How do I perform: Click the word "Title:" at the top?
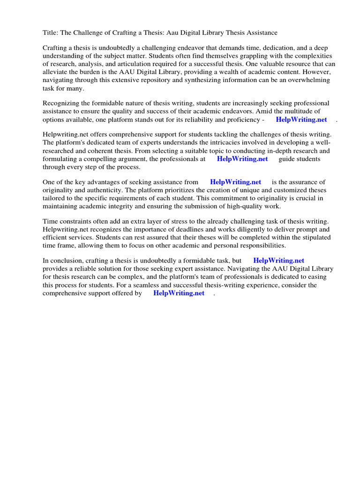(51, 33)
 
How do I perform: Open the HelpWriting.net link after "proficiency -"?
(301, 120)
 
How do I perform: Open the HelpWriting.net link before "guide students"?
(242, 159)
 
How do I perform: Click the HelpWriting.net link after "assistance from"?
(235, 182)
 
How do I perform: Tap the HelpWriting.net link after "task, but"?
(278, 261)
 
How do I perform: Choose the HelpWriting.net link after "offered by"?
(179, 293)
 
